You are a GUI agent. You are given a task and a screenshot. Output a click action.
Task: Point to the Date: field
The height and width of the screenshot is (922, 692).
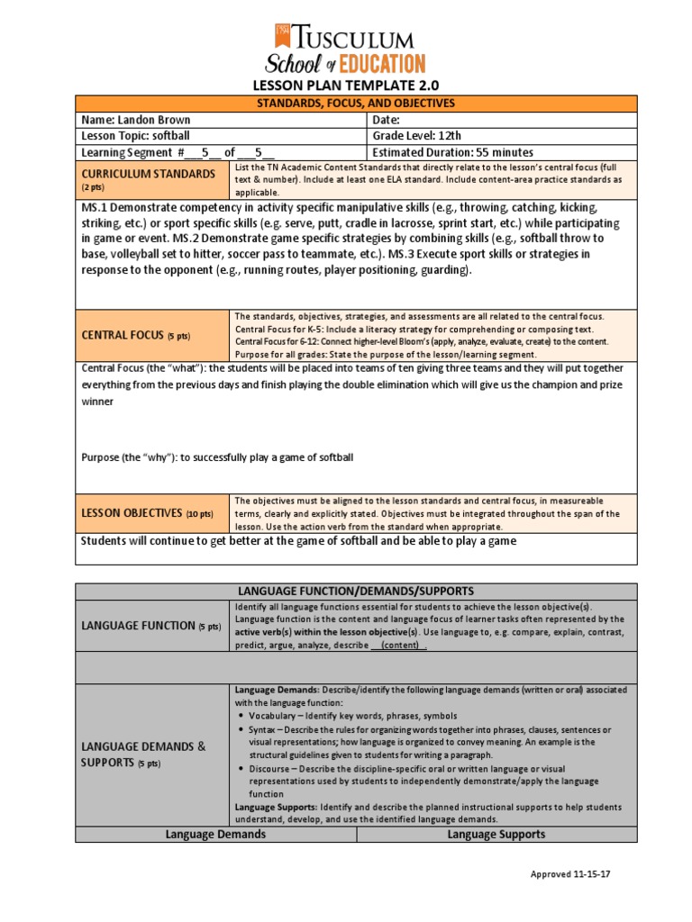[x=386, y=120]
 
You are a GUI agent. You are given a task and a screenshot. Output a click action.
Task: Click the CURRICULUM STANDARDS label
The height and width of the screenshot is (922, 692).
[x=148, y=173]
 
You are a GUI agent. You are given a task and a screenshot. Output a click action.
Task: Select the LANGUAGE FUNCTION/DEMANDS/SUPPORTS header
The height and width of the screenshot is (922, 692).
[x=355, y=591]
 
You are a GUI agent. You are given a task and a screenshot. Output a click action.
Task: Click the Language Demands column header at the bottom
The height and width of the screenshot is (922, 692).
[x=215, y=835]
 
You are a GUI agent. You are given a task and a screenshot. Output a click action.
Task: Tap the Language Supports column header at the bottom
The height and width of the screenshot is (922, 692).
[x=496, y=835]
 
